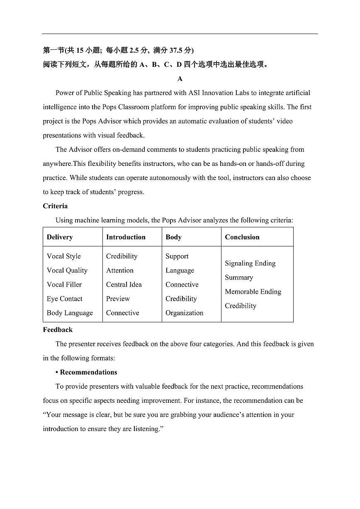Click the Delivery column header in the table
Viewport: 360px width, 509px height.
(x=60, y=237)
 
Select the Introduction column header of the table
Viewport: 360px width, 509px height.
(x=126, y=237)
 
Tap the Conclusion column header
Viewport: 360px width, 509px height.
(x=242, y=237)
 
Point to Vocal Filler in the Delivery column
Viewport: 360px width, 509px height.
(x=64, y=285)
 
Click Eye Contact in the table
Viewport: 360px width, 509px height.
(x=65, y=299)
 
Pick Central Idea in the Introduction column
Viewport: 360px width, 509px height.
(x=124, y=285)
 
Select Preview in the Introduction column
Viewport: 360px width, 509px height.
(x=118, y=299)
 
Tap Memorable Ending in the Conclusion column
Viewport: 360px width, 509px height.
(x=253, y=292)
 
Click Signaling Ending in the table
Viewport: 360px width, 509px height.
(x=250, y=263)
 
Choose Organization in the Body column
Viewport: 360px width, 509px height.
(x=185, y=313)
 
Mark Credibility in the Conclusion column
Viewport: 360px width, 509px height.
(x=241, y=306)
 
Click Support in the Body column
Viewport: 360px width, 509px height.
(x=177, y=256)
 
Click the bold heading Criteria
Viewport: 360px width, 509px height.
(x=55, y=206)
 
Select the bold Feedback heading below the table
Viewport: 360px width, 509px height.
(x=58, y=330)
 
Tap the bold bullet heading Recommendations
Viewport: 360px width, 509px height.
(x=88, y=372)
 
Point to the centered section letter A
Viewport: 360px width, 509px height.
(x=180, y=79)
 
